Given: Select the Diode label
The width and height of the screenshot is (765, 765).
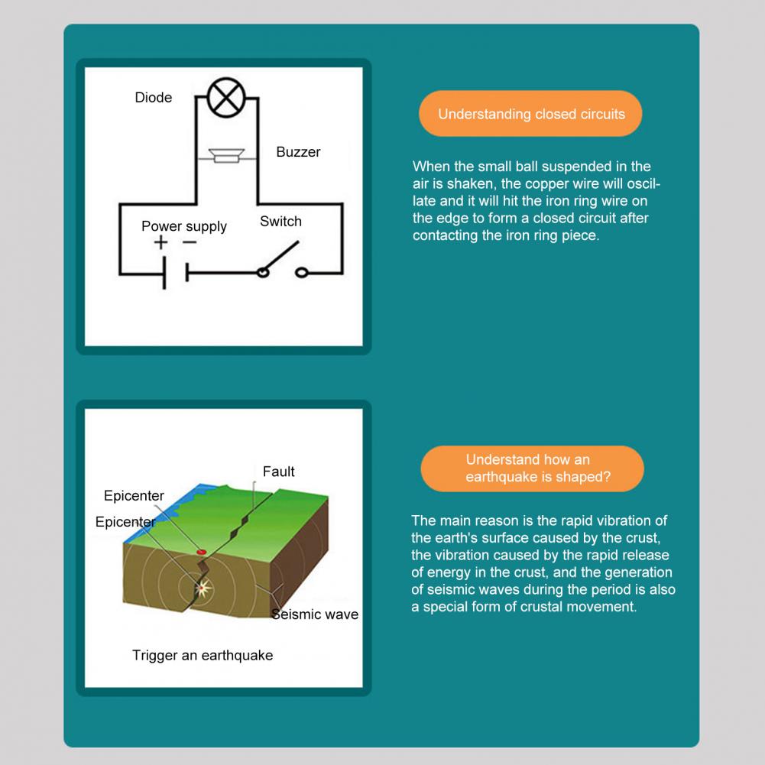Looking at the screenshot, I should tap(154, 97).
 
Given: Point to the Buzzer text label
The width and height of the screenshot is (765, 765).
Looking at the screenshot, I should tap(298, 152).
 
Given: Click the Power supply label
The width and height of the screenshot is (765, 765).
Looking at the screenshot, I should tap(184, 226).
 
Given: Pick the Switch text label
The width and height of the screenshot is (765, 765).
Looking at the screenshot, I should tap(280, 222).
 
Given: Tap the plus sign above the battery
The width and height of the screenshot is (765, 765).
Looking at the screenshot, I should tap(160, 243).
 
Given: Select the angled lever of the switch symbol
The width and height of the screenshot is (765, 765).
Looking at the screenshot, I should tap(280, 256).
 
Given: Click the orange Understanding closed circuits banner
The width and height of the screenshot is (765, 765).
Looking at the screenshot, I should tap(530, 115).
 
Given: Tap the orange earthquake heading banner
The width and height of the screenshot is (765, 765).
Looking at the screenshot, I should tap(532, 468).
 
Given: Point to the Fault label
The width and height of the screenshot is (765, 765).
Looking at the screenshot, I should tap(278, 472).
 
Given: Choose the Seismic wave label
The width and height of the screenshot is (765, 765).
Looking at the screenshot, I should tap(315, 614).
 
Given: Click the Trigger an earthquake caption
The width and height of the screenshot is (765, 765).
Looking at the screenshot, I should tap(202, 655).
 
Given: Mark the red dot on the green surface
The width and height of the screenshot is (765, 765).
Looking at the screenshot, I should tap(202, 550).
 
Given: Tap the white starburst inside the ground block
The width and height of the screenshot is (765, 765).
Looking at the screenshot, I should tap(203, 587).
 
